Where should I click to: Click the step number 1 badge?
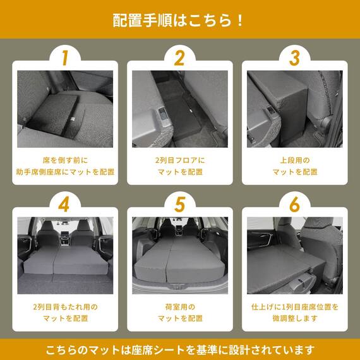(64, 58)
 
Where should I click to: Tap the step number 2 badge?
(179, 58)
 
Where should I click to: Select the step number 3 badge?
(294, 58)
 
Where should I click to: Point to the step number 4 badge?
(64, 205)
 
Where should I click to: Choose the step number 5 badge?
(179, 205)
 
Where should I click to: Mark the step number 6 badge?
(294, 205)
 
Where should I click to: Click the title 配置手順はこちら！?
(179, 20)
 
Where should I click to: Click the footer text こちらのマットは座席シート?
(179, 349)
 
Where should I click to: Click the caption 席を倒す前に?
(65, 160)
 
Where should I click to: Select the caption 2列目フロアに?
(179, 160)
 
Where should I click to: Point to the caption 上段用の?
(294, 160)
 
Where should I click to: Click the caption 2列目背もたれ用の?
(65, 307)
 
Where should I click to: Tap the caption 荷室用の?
(179, 307)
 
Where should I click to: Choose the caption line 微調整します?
(294, 318)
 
